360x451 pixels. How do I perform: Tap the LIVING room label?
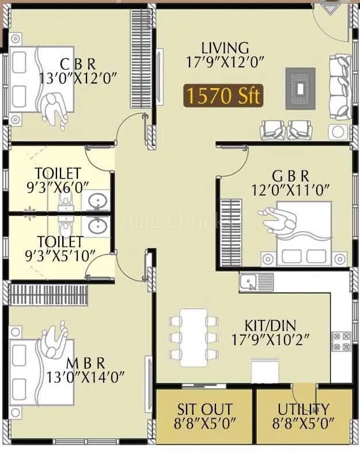[x=225, y=48]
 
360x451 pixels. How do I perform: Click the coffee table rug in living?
[x=301, y=88]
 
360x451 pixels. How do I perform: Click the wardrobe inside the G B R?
[x=232, y=228]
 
